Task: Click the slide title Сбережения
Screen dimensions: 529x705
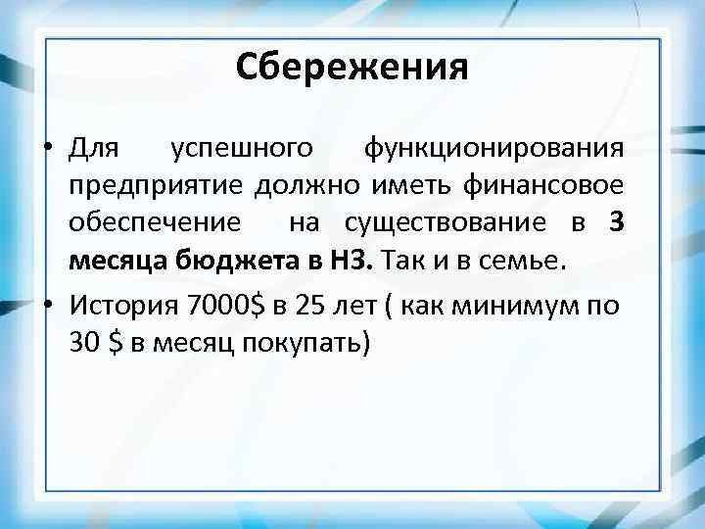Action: click(x=352, y=68)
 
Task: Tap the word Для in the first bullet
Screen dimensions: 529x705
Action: click(x=94, y=149)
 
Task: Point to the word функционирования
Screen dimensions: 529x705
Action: click(x=492, y=149)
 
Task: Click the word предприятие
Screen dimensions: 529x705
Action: click(x=158, y=186)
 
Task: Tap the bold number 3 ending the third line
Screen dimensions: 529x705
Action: click(x=614, y=223)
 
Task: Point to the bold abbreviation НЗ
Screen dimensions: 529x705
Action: click(x=352, y=261)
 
